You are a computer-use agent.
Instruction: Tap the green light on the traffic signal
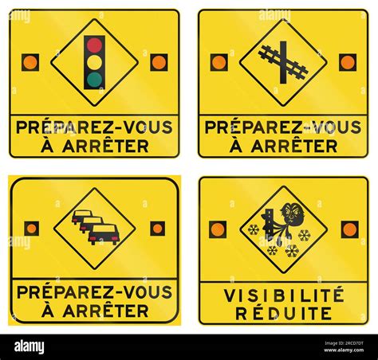[x=95, y=79]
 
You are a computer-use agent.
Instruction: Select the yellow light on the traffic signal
[x=95, y=62]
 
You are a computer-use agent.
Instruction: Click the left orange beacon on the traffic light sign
[x=30, y=62]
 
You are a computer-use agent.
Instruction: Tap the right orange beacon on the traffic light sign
[x=159, y=62]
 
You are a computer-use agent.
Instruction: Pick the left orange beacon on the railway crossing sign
[x=219, y=62]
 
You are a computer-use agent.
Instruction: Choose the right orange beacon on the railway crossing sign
[x=348, y=62]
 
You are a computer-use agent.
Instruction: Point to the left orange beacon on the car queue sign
[x=31, y=229]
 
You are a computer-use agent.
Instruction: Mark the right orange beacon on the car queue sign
[x=158, y=229]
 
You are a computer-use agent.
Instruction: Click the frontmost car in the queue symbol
[x=104, y=234]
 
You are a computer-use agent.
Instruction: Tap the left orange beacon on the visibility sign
[x=218, y=229]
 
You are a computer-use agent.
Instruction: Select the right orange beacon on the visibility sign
[x=349, y=229]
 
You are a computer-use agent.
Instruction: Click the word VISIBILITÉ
[x=283, y=295]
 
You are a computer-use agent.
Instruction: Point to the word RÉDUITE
[x=283, y=313]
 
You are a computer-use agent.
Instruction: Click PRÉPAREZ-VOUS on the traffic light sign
[x=95, y=127]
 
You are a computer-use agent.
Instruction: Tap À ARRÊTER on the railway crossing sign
[x=283, y=146]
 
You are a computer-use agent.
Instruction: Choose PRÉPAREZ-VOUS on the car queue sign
[x=95, y=292]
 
